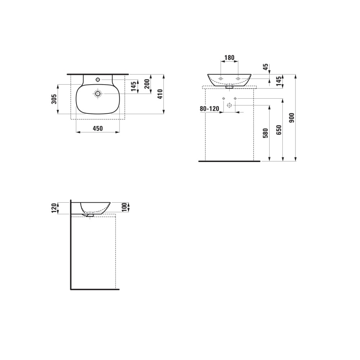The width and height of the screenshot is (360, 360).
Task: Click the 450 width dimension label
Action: (98, 128)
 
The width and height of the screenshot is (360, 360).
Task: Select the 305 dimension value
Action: (54, 99)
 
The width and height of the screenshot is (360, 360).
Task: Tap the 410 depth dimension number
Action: (160, 94)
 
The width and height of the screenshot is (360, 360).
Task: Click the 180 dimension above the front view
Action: (229, 58)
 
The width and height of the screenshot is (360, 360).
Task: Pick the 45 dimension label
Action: (266, 67)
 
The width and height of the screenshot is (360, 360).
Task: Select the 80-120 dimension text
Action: (210, 108)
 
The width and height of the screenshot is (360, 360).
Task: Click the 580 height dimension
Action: (266, 134)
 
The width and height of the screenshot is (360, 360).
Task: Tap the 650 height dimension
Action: (279, 130)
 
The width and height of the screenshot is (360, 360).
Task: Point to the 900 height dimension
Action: (292, 118)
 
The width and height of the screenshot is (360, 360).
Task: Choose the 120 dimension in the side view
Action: (54, 208)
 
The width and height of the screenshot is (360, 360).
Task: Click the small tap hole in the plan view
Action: (98, 79)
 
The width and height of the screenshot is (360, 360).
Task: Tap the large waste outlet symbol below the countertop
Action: (229, 105)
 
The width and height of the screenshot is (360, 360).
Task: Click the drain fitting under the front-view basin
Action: (229, 87)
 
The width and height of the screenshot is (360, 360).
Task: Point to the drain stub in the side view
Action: (90, 215)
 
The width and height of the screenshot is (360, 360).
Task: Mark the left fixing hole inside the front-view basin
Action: (221, 78)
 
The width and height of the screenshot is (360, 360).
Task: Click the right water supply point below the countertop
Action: (235, 98)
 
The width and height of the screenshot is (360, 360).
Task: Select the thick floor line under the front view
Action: (229, 161)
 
